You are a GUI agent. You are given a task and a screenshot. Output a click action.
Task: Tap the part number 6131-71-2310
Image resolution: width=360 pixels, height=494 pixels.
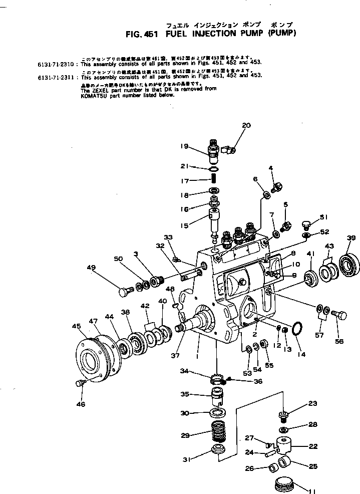tap(58, 65)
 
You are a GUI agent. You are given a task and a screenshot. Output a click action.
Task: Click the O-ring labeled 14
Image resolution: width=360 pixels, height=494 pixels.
tap(297, 329)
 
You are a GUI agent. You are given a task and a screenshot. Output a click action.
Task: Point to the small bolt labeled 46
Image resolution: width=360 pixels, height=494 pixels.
tap(79, 384)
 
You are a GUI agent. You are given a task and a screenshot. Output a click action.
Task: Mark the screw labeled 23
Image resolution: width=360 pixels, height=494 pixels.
tap(284, 415)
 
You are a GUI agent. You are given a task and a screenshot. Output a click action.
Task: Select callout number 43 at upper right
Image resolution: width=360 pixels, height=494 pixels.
tap(329, 246)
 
